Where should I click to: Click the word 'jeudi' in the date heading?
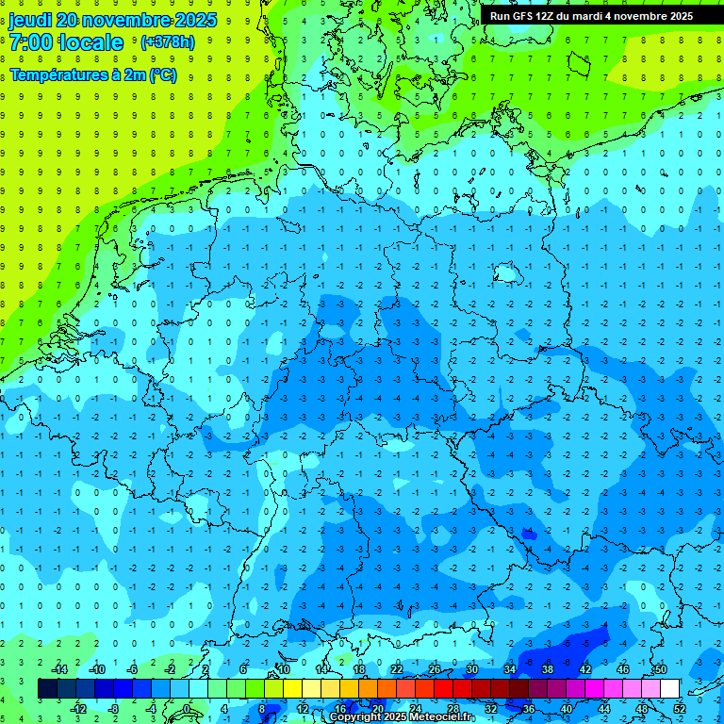coord(29,20)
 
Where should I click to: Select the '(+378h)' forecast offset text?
coord(168,42)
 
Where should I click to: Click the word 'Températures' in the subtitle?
coord(53,75)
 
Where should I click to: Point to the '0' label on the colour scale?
coord(187,709)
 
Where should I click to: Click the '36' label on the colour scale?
coord(529,709)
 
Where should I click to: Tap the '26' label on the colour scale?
coord(435,669)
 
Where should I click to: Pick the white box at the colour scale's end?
coord(670,689)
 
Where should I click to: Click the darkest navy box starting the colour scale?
coord(47,689)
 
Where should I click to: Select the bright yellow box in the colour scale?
coord(293,689)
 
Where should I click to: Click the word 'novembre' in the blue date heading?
coord(120,20)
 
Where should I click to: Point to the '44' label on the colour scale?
coord(604,709)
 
